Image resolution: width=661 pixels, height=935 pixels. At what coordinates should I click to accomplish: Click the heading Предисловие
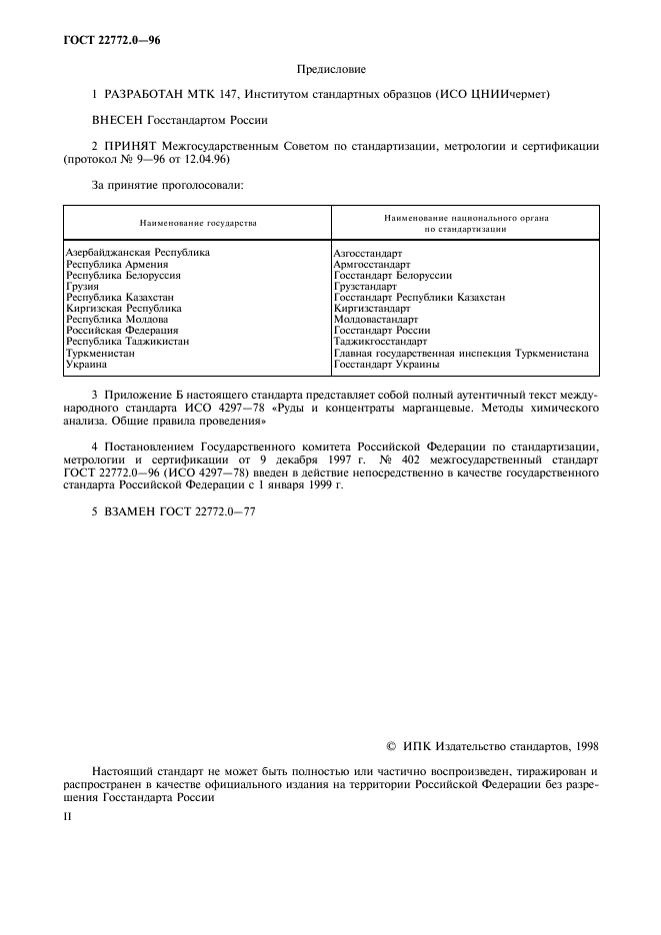pyautogui.click(x=331, y=69)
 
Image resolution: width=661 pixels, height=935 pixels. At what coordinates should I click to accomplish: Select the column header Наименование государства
pyautogui.click(x=198, y=223)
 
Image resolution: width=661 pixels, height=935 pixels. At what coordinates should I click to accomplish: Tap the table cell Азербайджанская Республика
pyautogui.click(x=137, y=254)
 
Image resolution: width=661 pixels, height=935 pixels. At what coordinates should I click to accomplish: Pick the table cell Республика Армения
pyautogui.click(x=117, y=265)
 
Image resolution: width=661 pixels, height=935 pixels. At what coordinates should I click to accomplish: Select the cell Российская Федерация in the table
pyautogui.click(x=122, y=331)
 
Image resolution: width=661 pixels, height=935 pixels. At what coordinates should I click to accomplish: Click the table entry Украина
pyautogui.click(x=87, y=364)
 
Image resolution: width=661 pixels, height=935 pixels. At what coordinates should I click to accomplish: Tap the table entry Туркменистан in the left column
pyautogui.click(x=100, y=353)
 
